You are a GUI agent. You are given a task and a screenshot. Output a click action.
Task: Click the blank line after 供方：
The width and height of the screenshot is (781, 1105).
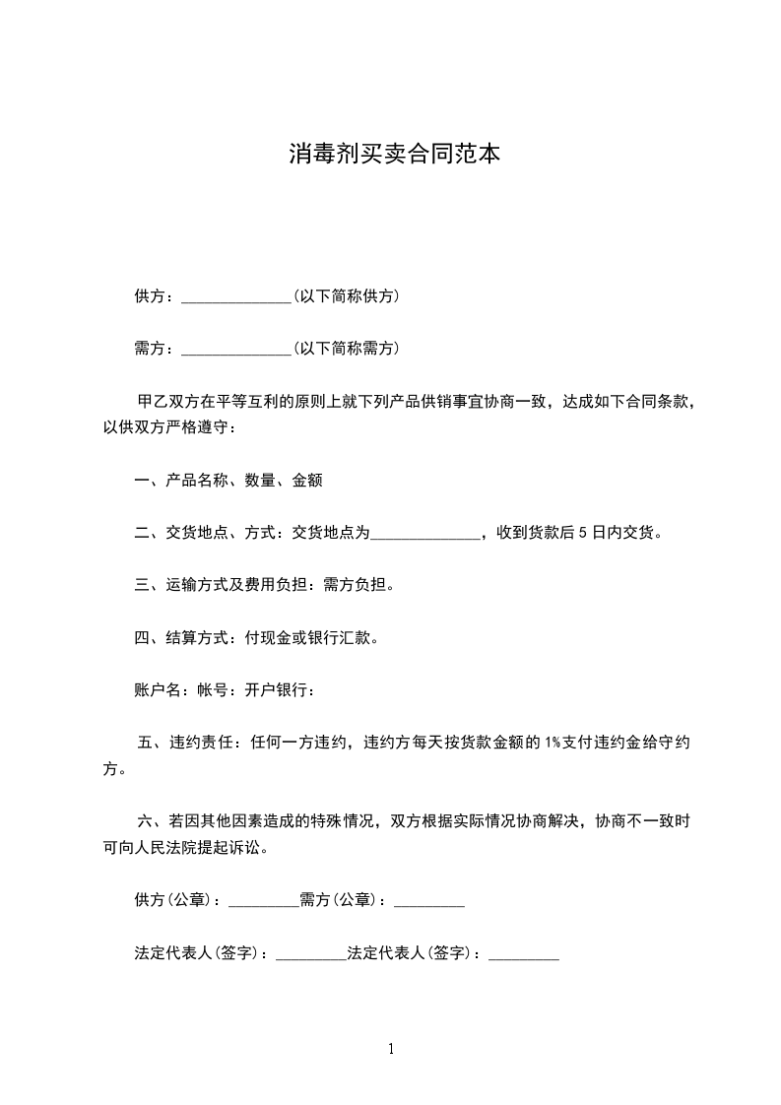[236, 297]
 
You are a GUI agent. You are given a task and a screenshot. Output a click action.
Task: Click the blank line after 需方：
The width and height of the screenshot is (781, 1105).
[236, 350]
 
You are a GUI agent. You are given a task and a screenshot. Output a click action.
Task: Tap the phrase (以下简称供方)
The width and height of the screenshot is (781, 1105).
[346, 296]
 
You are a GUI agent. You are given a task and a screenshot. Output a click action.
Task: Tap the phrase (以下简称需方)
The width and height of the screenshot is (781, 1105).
[346, 349]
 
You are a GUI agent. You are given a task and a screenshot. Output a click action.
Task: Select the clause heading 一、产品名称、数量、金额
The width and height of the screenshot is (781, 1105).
[228, 481]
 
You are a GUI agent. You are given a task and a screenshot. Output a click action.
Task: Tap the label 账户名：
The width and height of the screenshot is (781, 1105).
[159, 689]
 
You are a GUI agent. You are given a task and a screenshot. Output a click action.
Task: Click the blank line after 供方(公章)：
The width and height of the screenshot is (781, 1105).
[263, 901]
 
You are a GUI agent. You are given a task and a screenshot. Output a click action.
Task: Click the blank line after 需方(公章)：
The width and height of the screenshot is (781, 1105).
[428, 901]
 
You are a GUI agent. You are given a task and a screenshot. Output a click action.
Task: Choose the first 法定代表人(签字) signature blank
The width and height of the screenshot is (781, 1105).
[311, 954]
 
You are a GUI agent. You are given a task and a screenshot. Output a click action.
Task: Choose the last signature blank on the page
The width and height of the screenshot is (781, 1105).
[524, 954]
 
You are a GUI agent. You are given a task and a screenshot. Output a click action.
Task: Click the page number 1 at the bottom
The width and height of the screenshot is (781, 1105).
[391, 1049]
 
